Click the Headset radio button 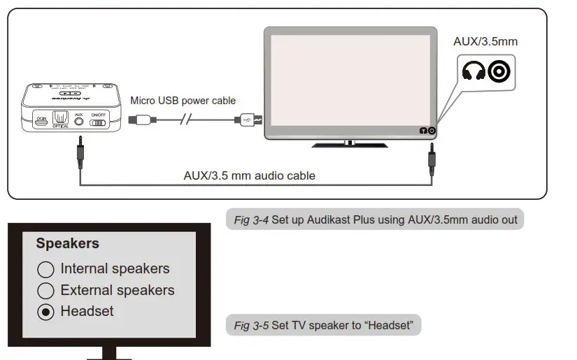click(x=45, y=312)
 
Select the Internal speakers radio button click(x=45, y=269)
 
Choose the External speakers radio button click(x=45, y=291)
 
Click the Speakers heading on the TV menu click(x=67, y=244)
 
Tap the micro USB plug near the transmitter click(x=140, y=120)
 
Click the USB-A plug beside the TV click(x=250, y=120)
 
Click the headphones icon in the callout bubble click(x=474, y=71)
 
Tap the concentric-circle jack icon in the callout click(x=500, y=71)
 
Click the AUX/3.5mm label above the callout click(x=485, y=41)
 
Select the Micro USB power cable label click(x=183, y=101)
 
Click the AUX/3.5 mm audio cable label click(x=249, y=175)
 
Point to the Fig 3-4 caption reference click(x=251, y=220)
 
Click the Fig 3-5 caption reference click(x=251, y=326)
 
